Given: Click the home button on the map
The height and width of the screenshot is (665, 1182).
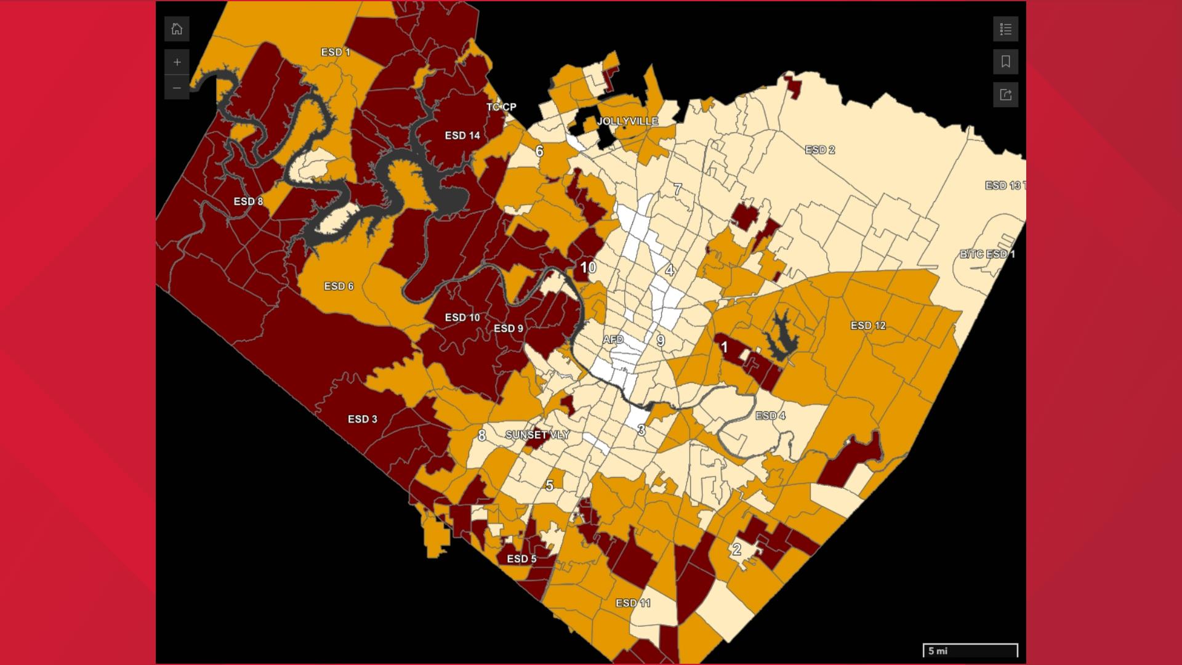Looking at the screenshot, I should click(177, 29).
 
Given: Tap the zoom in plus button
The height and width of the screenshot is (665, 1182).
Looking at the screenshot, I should click(177, 62).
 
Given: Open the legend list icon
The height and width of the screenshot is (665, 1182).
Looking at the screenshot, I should click(1005, 29).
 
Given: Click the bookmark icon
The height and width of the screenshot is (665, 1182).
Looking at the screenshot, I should click(1005, 62).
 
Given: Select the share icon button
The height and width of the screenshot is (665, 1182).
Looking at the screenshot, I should click(1005, 95).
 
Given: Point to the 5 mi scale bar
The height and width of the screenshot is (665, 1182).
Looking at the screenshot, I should click(970, 651).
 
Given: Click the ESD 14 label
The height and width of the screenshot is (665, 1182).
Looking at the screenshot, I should click(462, 135).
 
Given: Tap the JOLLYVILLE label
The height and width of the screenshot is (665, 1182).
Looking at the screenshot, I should click(627, 121).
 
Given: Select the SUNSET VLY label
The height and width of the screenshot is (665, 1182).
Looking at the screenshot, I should click(537, 435).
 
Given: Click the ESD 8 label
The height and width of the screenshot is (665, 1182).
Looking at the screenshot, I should click(248, 201).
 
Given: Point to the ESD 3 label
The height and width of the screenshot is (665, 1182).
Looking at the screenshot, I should click(362, 419).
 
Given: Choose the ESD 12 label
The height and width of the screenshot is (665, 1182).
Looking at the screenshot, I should click(867, 326).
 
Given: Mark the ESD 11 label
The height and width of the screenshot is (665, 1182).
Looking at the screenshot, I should click(633, 603).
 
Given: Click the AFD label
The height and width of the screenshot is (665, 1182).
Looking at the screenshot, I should click(613, 340).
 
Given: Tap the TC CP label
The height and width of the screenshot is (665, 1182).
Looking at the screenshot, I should click(501, 107).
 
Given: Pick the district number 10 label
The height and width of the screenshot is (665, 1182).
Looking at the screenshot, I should click(588, 267).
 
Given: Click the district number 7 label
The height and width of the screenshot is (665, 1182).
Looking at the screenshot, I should click(677, 189).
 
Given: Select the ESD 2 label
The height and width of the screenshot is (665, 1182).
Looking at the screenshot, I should click(819, 150).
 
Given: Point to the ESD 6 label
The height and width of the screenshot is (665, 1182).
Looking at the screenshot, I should click(339, 286).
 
